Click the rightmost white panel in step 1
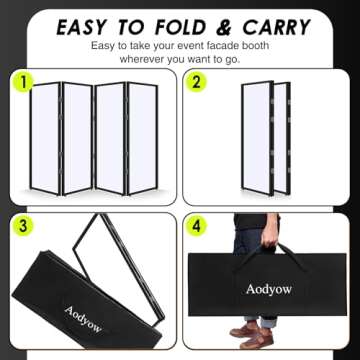coord(141,137)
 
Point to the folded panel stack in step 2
coord(266,140)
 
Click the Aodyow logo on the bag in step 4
coord(269,290)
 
